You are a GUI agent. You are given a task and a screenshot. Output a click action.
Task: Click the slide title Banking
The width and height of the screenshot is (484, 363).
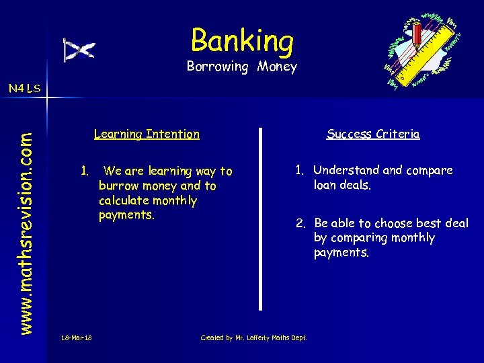click(x=242, y=40)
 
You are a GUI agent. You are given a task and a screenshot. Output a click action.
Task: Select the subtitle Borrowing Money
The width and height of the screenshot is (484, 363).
click(x=242, y=67)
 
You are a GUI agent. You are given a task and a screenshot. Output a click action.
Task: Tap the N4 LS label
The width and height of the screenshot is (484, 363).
click(x=24, y=88)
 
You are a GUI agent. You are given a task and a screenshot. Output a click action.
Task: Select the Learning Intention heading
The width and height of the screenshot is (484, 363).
click(x=147, y=134)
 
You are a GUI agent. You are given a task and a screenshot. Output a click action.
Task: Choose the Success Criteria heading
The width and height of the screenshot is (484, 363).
click(x=373, y=134)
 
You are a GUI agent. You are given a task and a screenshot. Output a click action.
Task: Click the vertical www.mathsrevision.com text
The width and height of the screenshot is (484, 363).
click(x=26, y=214)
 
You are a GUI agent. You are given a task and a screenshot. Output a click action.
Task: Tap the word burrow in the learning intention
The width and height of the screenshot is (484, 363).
click(x=118, y=186)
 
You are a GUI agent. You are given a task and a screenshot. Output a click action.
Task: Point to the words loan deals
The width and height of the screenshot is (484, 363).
click(x=342, y=185)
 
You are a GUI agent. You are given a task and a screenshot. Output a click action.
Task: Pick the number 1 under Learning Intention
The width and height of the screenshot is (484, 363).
click(x=83, y=171)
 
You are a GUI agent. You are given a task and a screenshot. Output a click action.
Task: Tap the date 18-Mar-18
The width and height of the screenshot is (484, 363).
click(x=76, y=337)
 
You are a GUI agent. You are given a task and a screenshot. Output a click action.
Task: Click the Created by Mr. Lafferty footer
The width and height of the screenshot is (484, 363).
click(x=253, y=337)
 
